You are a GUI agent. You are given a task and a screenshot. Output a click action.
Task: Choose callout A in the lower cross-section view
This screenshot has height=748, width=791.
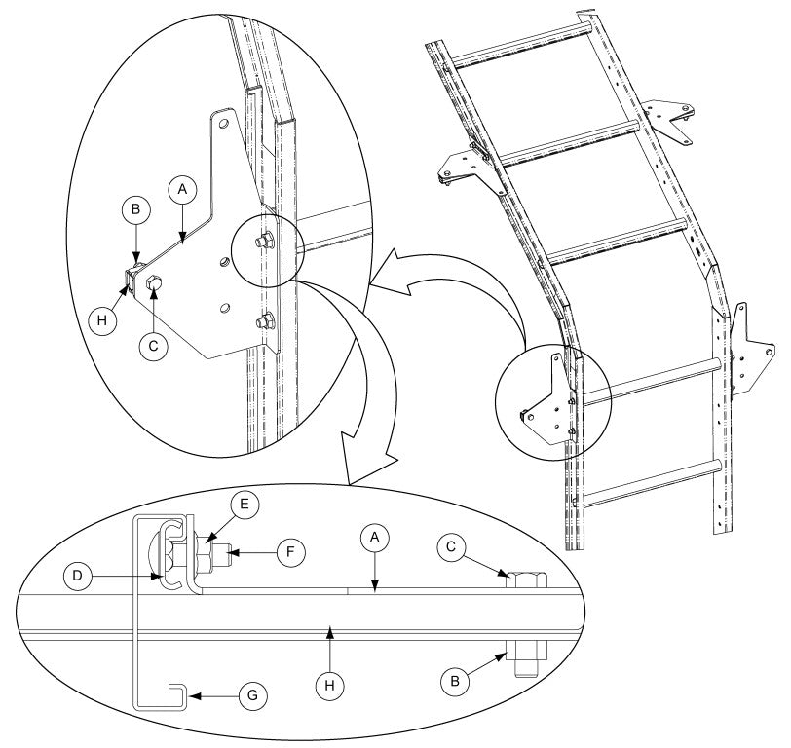pyautogui.click(x=374, y=539)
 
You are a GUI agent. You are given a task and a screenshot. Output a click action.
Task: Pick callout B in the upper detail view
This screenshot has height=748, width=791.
pyautogui.click(x=135, y=208)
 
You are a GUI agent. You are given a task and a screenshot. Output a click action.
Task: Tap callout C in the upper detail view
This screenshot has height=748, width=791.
pyautogui.click(x=154, y=345)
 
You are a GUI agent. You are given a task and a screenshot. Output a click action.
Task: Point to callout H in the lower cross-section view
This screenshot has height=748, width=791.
pyautogui.click(x=331, y=687)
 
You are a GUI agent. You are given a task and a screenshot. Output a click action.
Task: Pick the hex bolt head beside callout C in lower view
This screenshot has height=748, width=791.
pyautogui.click(x=526, y=580)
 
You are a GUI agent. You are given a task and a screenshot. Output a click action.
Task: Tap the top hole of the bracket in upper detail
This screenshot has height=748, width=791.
pyautogui.click(x=223, y=125)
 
